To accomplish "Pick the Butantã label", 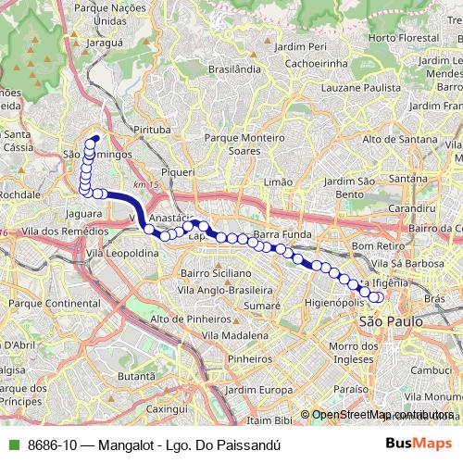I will (136, 376).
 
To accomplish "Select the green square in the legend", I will (12, 444).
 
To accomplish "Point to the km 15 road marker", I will (141, 185).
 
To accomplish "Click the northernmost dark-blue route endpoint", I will (95, 140).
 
